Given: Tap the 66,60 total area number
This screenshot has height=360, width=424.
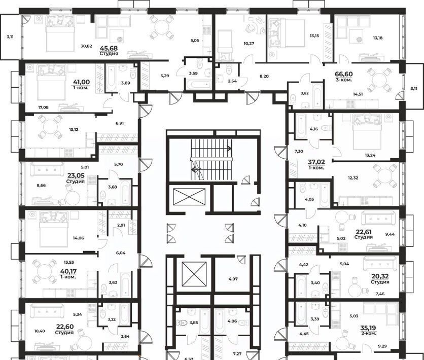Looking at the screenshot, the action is (344, 74).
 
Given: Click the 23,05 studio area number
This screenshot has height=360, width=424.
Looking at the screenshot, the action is (76, 175).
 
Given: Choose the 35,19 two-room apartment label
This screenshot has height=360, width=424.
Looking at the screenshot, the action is (368, 330).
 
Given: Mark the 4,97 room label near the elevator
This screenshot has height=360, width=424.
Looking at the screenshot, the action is (233, 279).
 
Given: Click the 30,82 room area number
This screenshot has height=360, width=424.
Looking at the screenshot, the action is (86, 46).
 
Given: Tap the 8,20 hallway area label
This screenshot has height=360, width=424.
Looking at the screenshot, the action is (264, 76).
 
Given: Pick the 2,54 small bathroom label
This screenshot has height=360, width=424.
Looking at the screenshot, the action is (232, 81).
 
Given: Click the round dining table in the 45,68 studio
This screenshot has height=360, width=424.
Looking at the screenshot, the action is (162, 27).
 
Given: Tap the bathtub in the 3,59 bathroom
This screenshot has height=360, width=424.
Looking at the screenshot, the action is (197, 85).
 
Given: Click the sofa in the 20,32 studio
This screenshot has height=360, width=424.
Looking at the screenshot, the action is (380, 264).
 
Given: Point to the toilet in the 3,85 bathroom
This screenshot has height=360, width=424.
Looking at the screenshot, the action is (182, 322).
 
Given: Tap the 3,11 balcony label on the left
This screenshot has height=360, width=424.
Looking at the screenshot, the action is (10, 37).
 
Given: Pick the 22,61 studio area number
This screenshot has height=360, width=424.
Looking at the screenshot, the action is (364, 232).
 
